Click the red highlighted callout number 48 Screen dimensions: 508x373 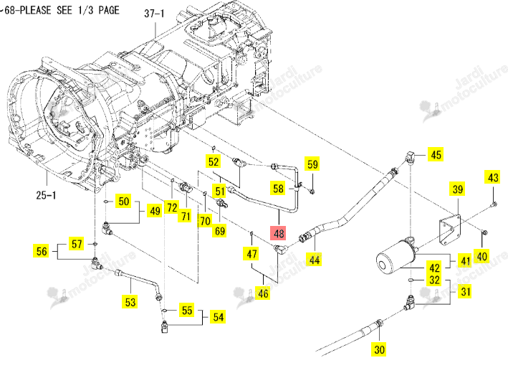point(279,234)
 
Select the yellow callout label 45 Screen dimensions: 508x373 point(436,154)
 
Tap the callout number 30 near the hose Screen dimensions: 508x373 point(379,349)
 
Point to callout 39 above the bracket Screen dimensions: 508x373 point(457,189)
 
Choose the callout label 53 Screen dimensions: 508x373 point(130,302)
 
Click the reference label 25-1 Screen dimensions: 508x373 point(46,195)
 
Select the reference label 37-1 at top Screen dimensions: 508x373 point(154,14)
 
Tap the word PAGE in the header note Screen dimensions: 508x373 point(109,10)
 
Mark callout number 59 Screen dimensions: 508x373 point(312,164)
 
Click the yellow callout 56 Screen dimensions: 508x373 point(42,251)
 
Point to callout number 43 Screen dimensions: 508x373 point(493,177)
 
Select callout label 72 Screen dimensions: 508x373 point(172,207)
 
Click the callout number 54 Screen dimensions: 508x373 point(219,317)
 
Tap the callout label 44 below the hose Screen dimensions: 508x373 point(315,260)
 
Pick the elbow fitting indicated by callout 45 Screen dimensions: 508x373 point(410,157)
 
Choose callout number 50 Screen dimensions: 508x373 point(124,201)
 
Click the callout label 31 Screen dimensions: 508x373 point(466,291)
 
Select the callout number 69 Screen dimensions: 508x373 point(220,231)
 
